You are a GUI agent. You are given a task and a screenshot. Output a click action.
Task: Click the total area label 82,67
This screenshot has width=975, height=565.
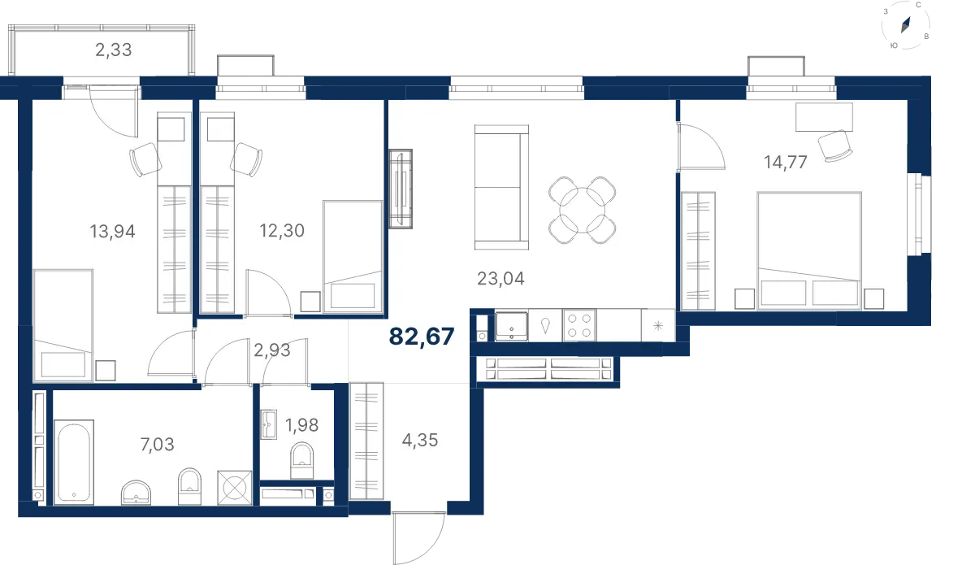point(422,337)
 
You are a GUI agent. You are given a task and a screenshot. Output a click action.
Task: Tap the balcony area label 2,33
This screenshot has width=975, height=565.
point(113,50)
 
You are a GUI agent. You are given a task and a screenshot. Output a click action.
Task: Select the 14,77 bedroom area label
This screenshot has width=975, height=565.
point(785,162)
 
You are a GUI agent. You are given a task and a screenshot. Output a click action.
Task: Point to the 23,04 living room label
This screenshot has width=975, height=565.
point(500,278)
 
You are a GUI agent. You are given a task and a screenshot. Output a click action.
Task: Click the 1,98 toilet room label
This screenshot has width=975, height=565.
point(301,424)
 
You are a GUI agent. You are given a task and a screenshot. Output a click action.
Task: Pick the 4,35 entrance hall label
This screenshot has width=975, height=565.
point(419,440)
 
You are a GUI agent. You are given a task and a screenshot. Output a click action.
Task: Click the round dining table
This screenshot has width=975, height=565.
point(582,210)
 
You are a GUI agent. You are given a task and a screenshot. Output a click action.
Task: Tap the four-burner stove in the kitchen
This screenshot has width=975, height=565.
point(578,325)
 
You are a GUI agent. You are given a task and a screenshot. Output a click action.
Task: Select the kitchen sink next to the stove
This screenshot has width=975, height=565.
point(511,325)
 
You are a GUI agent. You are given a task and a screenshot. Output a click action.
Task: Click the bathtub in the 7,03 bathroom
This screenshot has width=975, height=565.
point(74,463)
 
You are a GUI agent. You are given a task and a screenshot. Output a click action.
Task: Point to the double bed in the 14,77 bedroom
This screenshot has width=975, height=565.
point(809,250)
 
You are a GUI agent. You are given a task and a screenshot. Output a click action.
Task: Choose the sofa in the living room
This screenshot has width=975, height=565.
point(501,187)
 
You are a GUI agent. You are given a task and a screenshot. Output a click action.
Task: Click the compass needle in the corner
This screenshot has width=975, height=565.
point(905,25)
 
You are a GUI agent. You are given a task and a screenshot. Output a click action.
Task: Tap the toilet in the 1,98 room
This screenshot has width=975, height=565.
point(301,460)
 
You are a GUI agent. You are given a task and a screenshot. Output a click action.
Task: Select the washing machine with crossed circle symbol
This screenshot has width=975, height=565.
point(235,488)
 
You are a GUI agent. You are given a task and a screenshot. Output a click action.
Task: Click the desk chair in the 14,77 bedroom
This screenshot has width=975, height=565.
point(835,146)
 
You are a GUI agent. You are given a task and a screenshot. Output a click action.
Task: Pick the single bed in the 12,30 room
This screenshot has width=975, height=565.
point(353,256)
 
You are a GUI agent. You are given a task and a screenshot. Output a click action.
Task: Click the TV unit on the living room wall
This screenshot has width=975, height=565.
point(401,189)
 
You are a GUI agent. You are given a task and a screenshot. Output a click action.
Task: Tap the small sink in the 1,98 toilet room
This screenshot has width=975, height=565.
point(269,424)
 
